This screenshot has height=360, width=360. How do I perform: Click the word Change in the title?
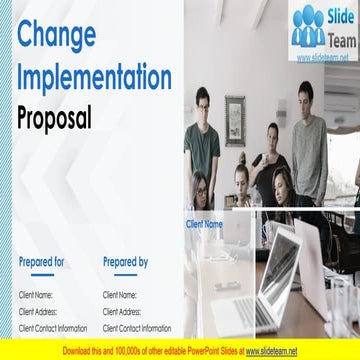(x=57, y=35)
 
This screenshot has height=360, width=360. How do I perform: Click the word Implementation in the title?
(x=95, y=77)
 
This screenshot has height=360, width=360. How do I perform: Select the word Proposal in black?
(x=55, y=118)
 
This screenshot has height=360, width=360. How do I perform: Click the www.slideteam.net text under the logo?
(x=323, y=58)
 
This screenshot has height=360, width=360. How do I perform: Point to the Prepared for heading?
(x=42, y=262)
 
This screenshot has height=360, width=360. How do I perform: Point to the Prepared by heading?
(x=125, y=262)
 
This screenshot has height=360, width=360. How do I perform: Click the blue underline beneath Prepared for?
(x=42, y=275)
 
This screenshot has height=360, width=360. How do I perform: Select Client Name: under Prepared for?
(x=38, y=295)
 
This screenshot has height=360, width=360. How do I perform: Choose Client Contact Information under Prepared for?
(x=53, y=328)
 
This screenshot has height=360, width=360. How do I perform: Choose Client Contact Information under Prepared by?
(x=137, y=328)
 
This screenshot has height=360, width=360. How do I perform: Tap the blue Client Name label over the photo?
(x=204, y=224)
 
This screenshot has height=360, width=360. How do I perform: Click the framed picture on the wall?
(x=235, y=119)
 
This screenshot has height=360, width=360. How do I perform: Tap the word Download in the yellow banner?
(x=79, y=351)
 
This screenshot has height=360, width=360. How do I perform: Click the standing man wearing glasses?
(x=203, y=135)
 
